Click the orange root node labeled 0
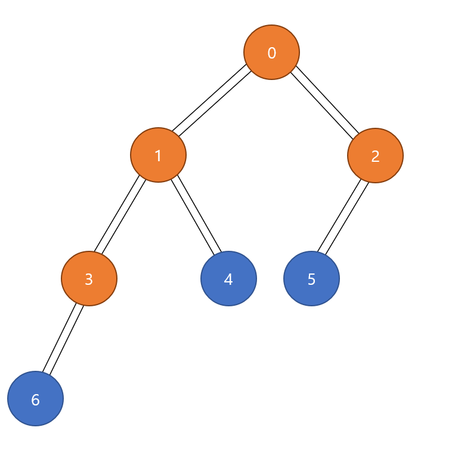pos(271,52)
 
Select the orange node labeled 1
pos(158,155)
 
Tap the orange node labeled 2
pos(375,156)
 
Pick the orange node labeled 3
pos(89,278)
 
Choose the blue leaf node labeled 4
pos(228,278)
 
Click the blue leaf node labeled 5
pos(311,278)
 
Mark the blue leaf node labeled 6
pos(35,398)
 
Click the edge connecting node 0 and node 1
pos(210,99)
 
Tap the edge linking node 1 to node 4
pos(197,215)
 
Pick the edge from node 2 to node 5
pos(342,216)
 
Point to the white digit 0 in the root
pos(271,53)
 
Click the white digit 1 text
pos(158,156)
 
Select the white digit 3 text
pos(89,279)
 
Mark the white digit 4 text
pos(228,279)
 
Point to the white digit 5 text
pos(311,279)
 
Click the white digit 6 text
pos(35,400)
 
